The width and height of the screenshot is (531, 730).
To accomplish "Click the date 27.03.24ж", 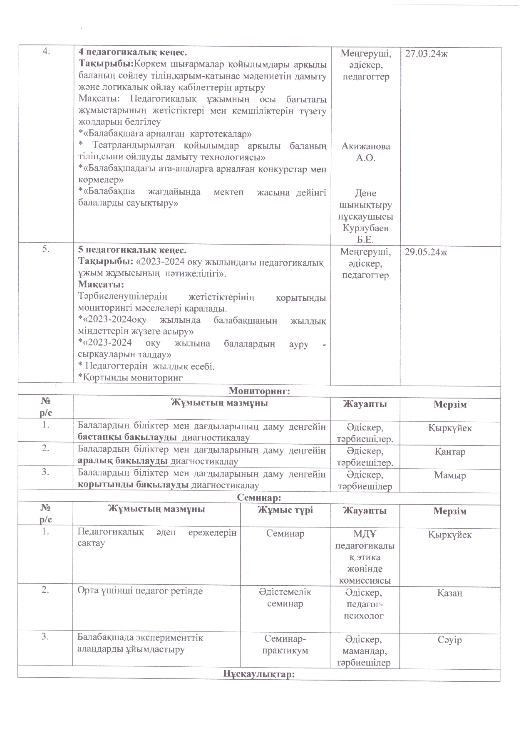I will point(424,54).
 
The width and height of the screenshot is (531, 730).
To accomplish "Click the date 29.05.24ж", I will point(424,252).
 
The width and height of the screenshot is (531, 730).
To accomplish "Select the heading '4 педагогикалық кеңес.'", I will point(133,53).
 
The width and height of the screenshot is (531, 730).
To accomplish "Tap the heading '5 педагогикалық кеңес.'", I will point(133,251).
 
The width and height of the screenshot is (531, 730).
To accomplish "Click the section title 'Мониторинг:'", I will point(259,391).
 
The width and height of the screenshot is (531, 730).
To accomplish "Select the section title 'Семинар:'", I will point(259,497).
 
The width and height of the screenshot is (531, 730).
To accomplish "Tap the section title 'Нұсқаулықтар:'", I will point(259,674).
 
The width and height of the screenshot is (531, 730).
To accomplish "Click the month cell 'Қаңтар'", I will point(450,452).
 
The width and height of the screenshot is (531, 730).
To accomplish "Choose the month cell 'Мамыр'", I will point(450,475).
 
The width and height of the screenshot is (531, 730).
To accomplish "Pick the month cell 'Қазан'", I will point(450,593).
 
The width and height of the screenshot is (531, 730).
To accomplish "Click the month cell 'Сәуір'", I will point(450,640).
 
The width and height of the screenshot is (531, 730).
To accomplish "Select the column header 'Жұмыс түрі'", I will point(285,510).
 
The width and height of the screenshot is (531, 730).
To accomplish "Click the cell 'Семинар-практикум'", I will point(285,645).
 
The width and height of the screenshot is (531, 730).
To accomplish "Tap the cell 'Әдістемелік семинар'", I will point(285,598).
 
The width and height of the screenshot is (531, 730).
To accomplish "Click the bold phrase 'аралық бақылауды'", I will point(123,461).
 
